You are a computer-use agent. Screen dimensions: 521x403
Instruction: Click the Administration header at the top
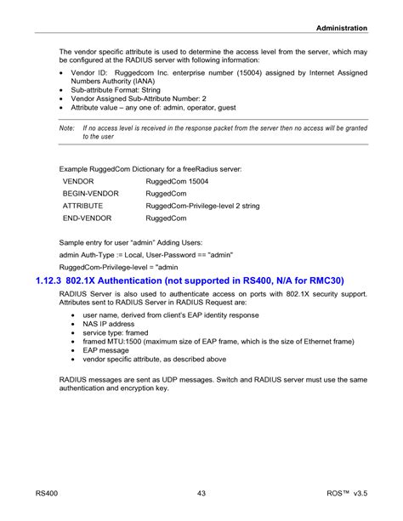coord(342,28)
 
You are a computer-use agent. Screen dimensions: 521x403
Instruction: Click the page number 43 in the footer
coord(201,492)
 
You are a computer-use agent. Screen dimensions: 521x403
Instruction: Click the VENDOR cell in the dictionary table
coord(78,182)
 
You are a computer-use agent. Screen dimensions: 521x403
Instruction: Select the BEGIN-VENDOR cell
coord(90,194)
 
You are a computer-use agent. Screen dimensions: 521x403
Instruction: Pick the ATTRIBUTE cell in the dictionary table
coord(83,206)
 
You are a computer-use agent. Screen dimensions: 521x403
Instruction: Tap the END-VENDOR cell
coord(87,218)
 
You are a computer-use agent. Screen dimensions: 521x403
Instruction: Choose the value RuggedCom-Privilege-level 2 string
coord(202,206)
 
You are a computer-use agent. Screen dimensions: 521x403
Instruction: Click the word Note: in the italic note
coord(67,127)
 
